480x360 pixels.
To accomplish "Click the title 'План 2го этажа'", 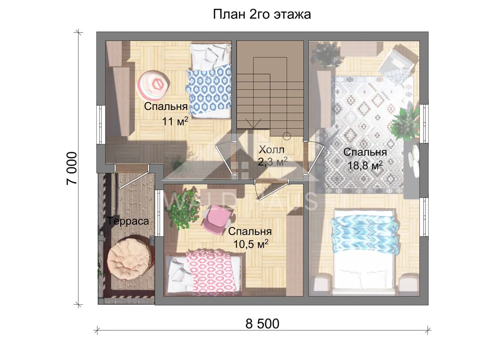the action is [x=262, y=15].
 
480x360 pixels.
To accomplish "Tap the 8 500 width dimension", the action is [x=262, y=324].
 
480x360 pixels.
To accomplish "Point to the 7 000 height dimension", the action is [x=72, y=169].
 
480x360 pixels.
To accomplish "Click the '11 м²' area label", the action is [x=175, y=121].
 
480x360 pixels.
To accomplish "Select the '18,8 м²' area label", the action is [x=365, y=165].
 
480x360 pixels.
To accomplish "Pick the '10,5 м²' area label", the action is [x=251, y=244].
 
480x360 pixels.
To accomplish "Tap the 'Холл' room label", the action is [x=272, y=150].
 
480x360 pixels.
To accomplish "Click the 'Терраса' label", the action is [x=128, y=221].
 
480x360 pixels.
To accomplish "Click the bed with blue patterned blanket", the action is [x=208, y=81].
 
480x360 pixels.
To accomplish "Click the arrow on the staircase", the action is [x=253, y=123].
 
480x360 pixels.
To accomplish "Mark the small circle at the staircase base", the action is [x=287, y=136].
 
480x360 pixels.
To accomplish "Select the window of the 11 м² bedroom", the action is [x=101, y=125].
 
